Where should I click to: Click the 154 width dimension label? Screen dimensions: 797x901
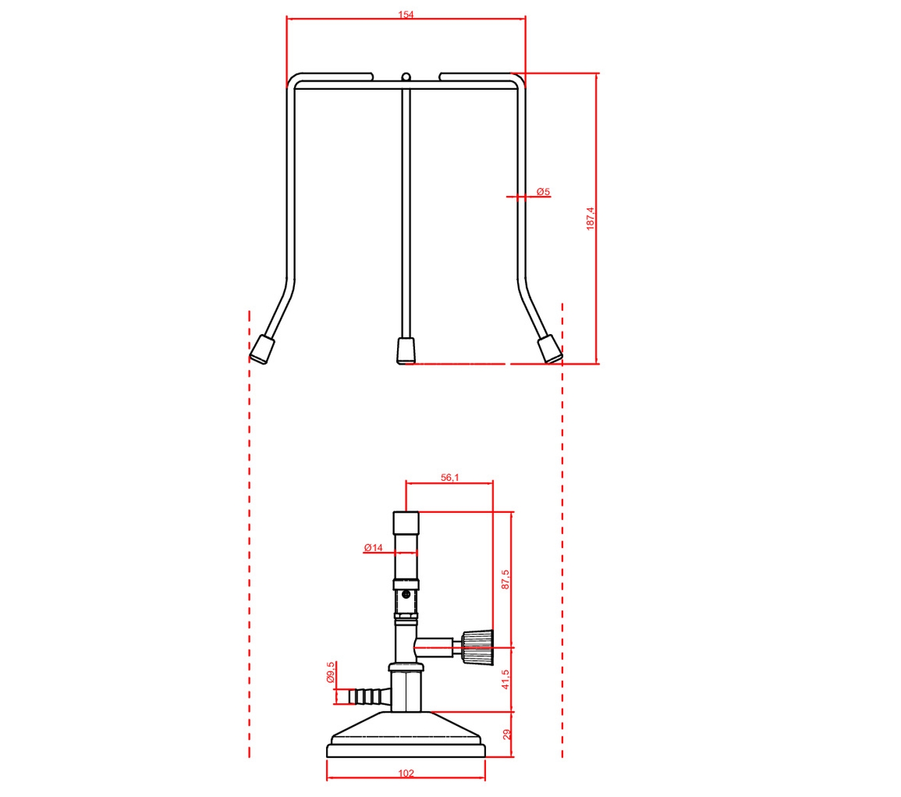click(406, 15)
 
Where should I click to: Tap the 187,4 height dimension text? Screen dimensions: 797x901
click(590, 218)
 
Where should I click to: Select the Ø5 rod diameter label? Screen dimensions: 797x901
click(543, 192)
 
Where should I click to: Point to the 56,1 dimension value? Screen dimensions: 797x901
click(450, 478)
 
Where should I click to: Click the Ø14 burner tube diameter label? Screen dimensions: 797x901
click(373, 548)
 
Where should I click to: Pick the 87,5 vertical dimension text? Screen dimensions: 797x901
click(505, 579)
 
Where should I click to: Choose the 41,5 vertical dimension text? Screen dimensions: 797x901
click(505, 679)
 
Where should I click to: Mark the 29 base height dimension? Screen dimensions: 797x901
click(507, 734)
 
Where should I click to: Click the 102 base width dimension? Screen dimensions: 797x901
click(406, 773)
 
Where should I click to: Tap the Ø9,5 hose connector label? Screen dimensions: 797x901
click(331, 672)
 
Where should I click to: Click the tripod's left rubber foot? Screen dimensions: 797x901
click(262, 349)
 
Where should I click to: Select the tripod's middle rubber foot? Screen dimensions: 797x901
click(406, 350)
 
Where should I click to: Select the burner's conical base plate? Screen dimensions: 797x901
click(406, 737)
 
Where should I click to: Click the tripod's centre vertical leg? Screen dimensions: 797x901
click(406, 213)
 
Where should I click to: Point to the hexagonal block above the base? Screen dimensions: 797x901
click(407, 691)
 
